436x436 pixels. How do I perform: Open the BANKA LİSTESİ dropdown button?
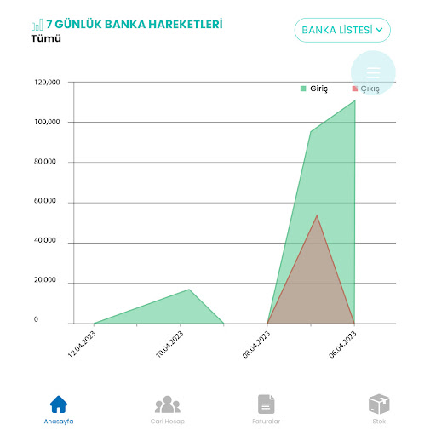click(x=342, y=30)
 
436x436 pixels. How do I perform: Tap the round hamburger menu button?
click(x=373, y=72)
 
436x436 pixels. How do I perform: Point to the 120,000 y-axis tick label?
click(x=47, y=83)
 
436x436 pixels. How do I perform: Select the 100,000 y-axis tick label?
click(x=47, y=122)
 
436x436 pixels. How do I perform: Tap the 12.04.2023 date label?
click(x=83, y=345)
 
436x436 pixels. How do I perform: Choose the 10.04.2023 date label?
click(x=169, y=345)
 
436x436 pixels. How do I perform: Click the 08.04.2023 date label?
click(x=256, y=345)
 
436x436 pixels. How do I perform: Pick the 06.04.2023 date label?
click(x=343, y=345)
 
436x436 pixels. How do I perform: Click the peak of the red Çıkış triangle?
click(x=317, y=215)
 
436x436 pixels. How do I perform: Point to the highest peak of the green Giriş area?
click(x=354, y=100)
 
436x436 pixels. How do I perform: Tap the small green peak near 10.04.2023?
click(x=189, y=290)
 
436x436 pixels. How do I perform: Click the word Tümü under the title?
click(x=46, y=39)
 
